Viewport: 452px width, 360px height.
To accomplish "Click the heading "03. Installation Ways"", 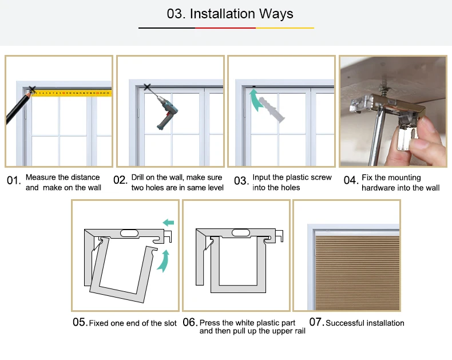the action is click(230, 14).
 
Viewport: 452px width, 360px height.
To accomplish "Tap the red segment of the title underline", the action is click(225, 28).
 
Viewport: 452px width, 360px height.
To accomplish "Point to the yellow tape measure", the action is click(72, 93).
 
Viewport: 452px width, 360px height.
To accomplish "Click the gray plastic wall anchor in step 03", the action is click(272, 110).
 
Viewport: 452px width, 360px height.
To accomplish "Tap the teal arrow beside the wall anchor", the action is click(255, 100).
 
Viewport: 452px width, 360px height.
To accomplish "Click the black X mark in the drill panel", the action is click(147, 87).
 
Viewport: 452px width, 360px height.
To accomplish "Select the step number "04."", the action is click(351, 180).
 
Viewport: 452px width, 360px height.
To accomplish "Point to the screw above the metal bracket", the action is click(384, 84).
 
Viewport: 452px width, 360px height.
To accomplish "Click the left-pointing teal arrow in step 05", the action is click(168, 223).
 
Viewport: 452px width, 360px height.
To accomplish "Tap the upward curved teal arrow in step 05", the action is click(164, 261).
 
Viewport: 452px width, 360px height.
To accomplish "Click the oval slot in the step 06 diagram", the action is click(241, 233).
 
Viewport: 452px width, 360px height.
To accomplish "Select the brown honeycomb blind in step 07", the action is click(358, 273).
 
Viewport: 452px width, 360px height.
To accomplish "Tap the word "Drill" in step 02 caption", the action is click(137, 177).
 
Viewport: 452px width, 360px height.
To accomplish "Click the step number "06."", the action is click(190, 322).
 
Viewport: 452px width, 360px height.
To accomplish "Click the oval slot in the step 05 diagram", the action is click(129, 233).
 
